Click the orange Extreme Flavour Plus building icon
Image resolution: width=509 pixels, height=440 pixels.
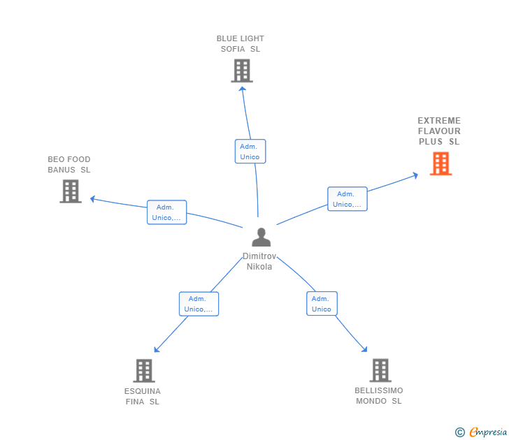pyautogui.click(x=440, y=163)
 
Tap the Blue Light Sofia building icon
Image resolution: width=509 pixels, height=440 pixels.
pyautogui.click(x=241, y=71)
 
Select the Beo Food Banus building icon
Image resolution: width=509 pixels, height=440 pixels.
pyautogui.click(x=71, y=191)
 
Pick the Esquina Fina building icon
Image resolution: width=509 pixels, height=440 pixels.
pyautogui.click(x=143, y=370)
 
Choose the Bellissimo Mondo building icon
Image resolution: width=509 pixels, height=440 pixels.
pyautogui.click(x=380, y=370)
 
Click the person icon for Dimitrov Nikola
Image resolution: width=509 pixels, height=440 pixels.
pyautogui.click(x=261, y=237)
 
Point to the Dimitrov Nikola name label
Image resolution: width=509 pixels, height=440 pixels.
pyautogui.click(x=259, y=261)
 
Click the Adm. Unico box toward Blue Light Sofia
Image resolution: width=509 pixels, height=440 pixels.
pyautogui.click(x=250, y=152)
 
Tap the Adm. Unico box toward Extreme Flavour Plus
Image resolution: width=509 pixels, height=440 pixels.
pyautogui.click(x=347, y=199)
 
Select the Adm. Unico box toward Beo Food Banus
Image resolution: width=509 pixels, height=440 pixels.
pyautogui.click(x=166, y=212)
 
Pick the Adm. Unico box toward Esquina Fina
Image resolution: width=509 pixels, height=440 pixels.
pyautogui.click(x=199, y=304)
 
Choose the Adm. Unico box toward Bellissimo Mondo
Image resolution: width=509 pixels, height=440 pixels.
pyautogui.click(x=322, y=304)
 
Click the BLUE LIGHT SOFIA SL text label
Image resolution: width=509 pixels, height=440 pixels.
pyautogui.click(x=241, y=44)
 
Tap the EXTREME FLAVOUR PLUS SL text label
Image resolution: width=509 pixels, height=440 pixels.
pyautogui.click(x=439, y=131)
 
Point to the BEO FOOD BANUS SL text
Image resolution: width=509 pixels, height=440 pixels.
pyautogui.click(x=69, y=165)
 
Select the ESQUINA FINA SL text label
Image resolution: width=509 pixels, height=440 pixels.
pyautogui.click(x=143, y=396)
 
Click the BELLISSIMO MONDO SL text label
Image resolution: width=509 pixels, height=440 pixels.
pyautogui.click(x=379, y=395)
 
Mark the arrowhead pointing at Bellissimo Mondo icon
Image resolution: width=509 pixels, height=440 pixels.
pyautogui.click(x=364, y=349)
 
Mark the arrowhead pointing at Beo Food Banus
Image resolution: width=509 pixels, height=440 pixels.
pyautogui.click(x=92, y=199)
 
